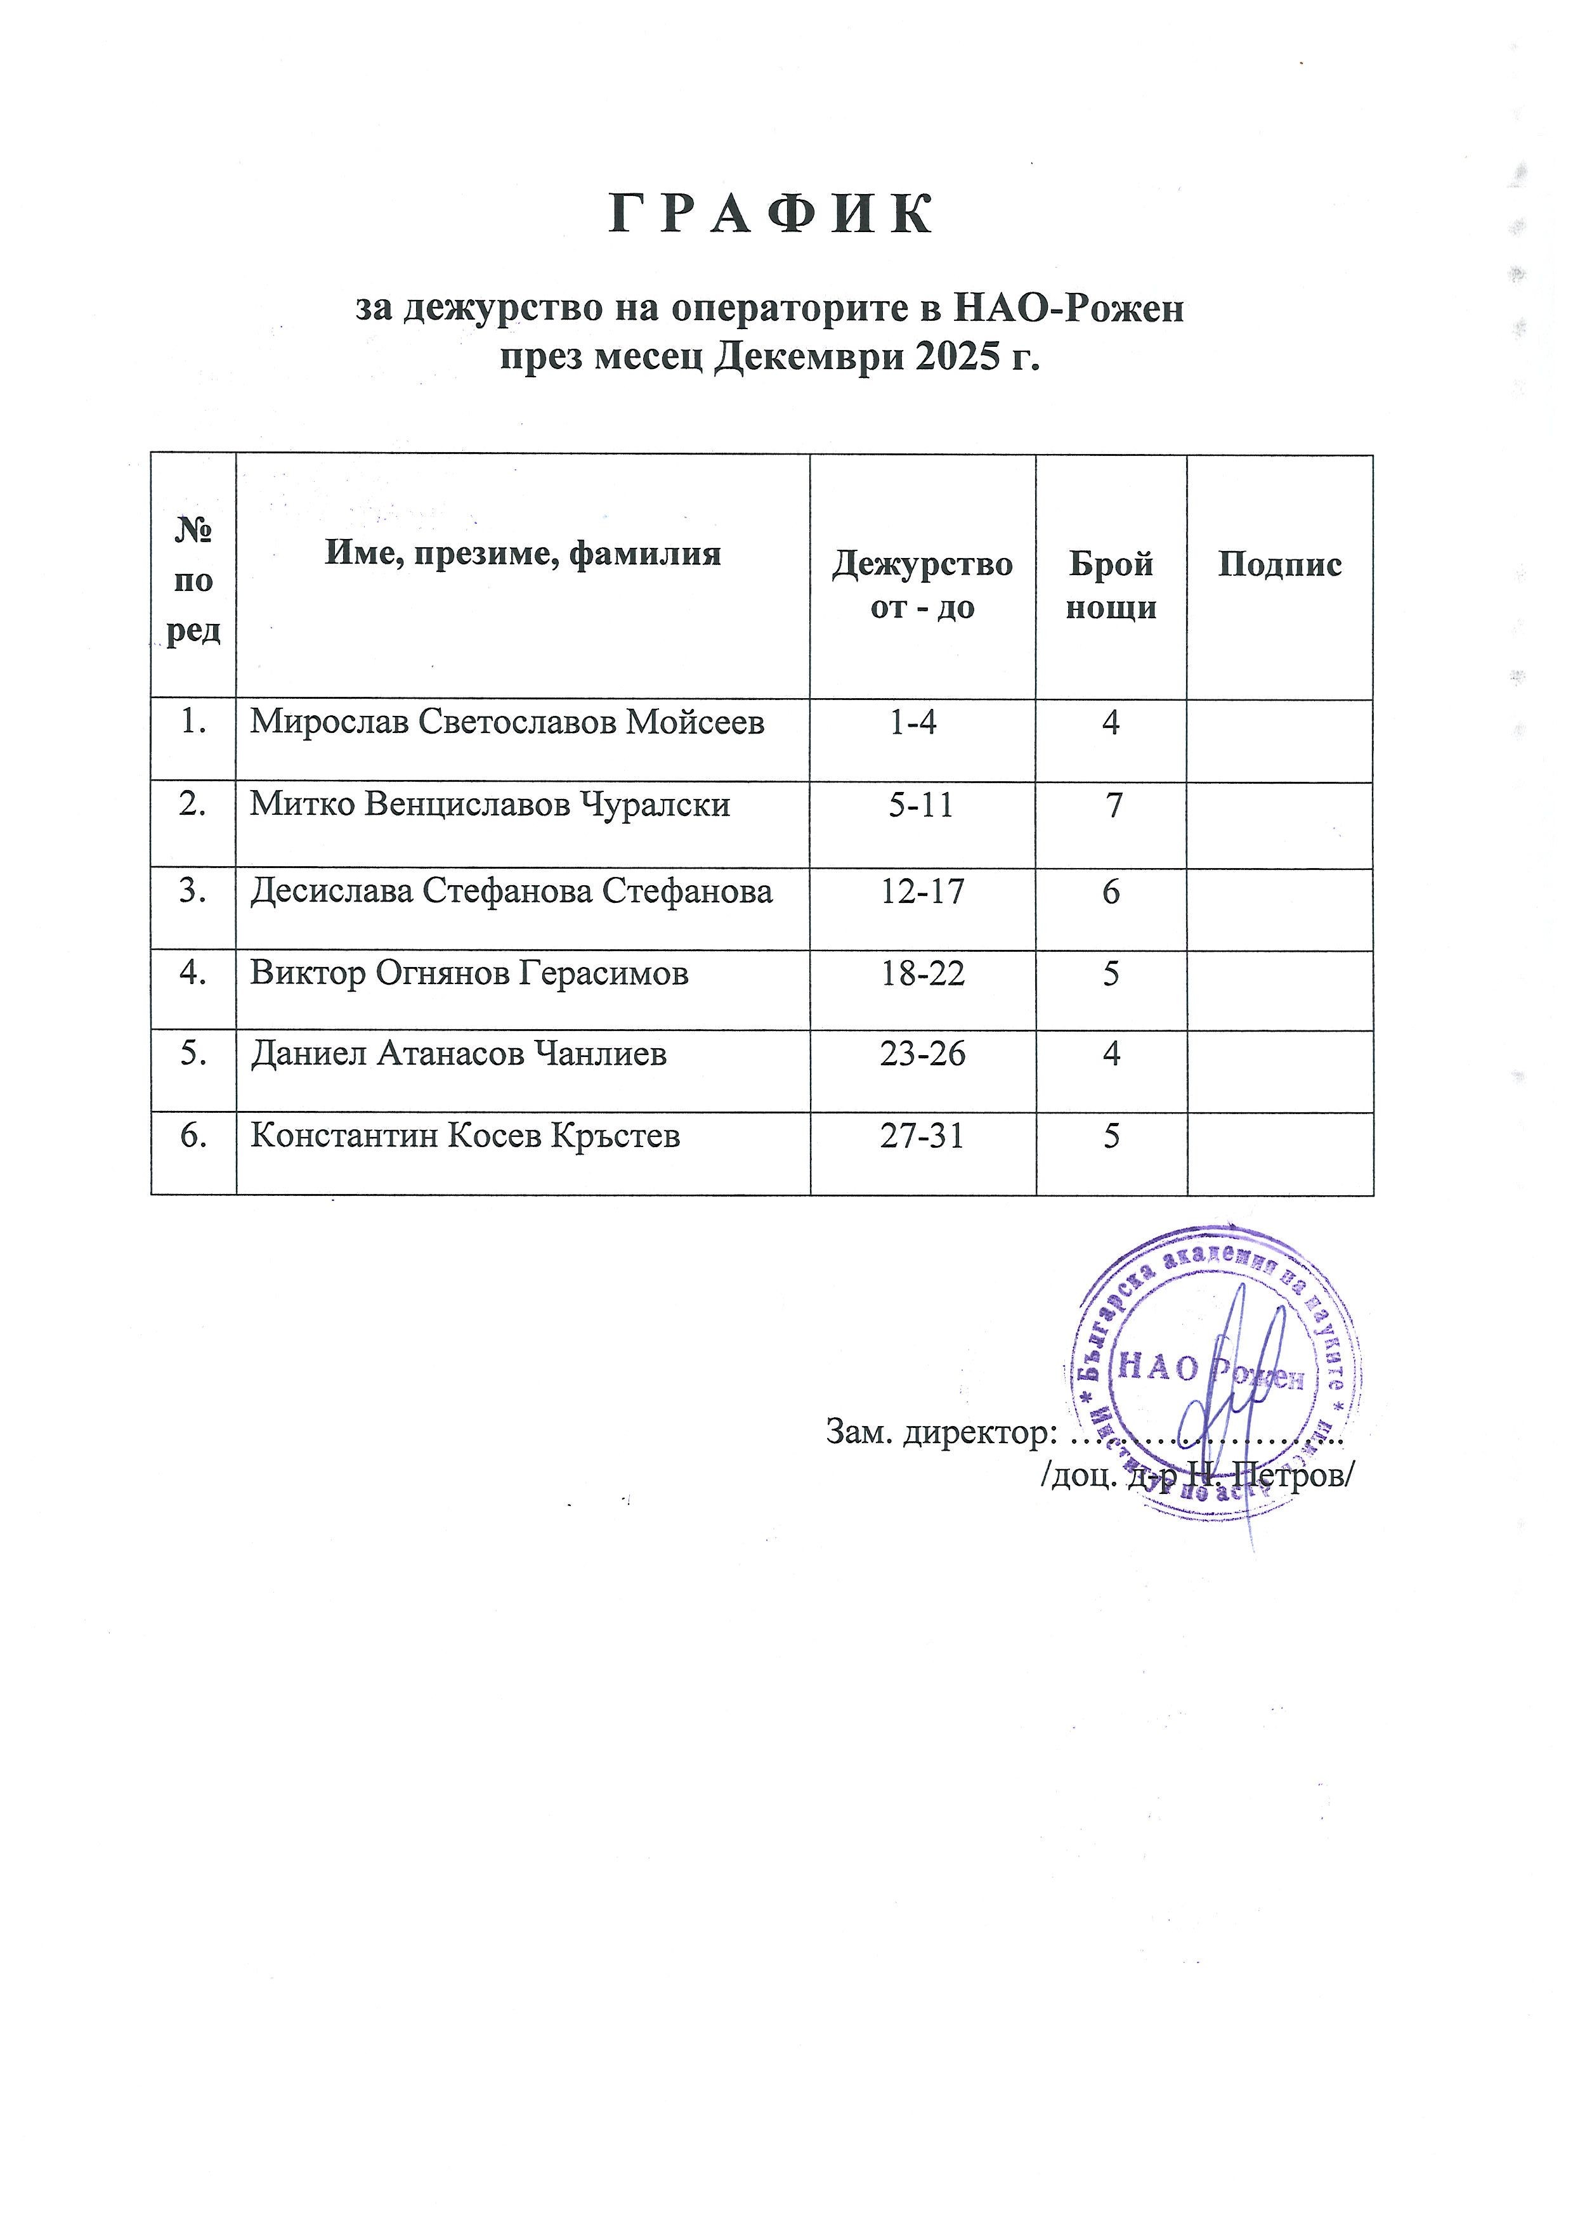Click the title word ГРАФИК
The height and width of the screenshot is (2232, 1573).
[771, 216]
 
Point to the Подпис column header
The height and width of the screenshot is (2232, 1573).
[1279, 565]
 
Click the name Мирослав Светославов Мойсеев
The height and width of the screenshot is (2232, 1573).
[507, 722]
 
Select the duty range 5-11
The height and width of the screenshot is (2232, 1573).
[921, 805]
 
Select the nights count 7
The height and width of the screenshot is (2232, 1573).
[1111, 805]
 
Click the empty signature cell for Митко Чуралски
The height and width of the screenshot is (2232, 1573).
[1279, 824]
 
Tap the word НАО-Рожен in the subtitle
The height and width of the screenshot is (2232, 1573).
[1071, 309]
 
